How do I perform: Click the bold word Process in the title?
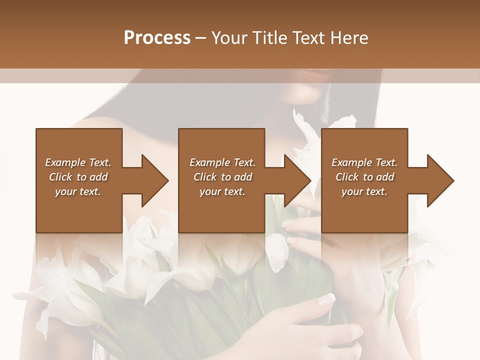tap(157, 38)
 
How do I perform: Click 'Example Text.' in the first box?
tap(78, 162)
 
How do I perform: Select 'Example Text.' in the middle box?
tap(222, 162)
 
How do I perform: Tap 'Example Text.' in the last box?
tap(364, 162)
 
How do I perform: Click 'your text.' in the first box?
tap(78, 191)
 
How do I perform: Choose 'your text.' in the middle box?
tap(222, 191)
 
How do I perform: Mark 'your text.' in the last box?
tap(364, 191)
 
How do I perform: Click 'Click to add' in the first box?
tap(78, 177)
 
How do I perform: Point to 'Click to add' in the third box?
tap(364, 177)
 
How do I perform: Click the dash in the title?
tap(201, 38)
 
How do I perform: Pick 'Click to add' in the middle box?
tap(222, 177)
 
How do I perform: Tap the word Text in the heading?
tap(307, 38)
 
